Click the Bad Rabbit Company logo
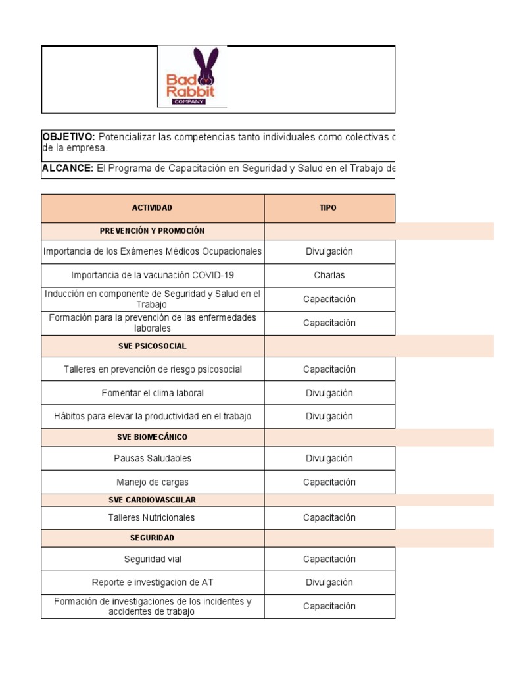[x=192, y=77]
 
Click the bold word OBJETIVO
[x=68, y=137]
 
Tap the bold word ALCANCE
[x=67, y=168]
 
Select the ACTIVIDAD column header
[x=152, y=208]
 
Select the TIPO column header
[x=329, y=208]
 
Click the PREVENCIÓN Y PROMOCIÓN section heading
[x=152, y=231]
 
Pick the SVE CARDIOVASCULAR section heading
[x=152, y=500]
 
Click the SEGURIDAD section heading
[x=152, y=538]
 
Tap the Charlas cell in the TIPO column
[x=329, y=276]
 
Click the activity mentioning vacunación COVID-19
[x=152, y=276]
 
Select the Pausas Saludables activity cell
[x=152, y=458]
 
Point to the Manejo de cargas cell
[x=152, y=482]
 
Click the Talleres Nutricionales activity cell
[x=152, y=518]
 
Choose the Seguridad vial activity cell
[x=152, y=559]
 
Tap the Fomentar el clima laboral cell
[x=152, y=393]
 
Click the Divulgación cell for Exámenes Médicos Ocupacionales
[x=329, y=251]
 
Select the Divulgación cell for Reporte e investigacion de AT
[x=329, y=583]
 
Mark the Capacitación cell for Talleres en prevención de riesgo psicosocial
[x=329, y=369]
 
